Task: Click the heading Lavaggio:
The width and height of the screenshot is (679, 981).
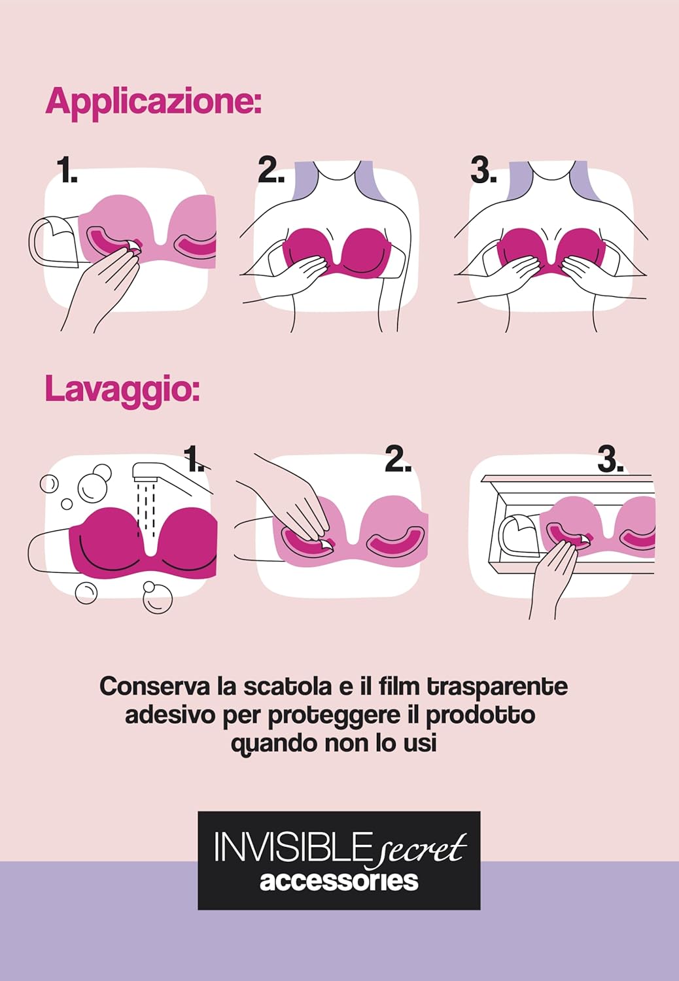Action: point(122,389)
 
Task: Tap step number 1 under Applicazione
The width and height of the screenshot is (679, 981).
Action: point(67,171)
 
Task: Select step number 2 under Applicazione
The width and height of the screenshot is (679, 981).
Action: point(271,171)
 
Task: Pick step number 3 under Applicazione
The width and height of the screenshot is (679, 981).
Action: point(483,171)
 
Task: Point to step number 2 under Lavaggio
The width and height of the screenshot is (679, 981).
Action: point(398,459)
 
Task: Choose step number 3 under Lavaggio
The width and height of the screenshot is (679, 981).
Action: point(611,459)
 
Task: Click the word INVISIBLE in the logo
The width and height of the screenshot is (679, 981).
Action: point(290,848)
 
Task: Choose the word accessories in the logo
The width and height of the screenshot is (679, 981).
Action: point(339,881)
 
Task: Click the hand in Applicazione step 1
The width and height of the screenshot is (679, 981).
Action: point(103,287)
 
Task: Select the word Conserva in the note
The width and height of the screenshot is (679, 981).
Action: point(155,686)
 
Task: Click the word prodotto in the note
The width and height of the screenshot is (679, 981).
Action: point(481,716)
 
